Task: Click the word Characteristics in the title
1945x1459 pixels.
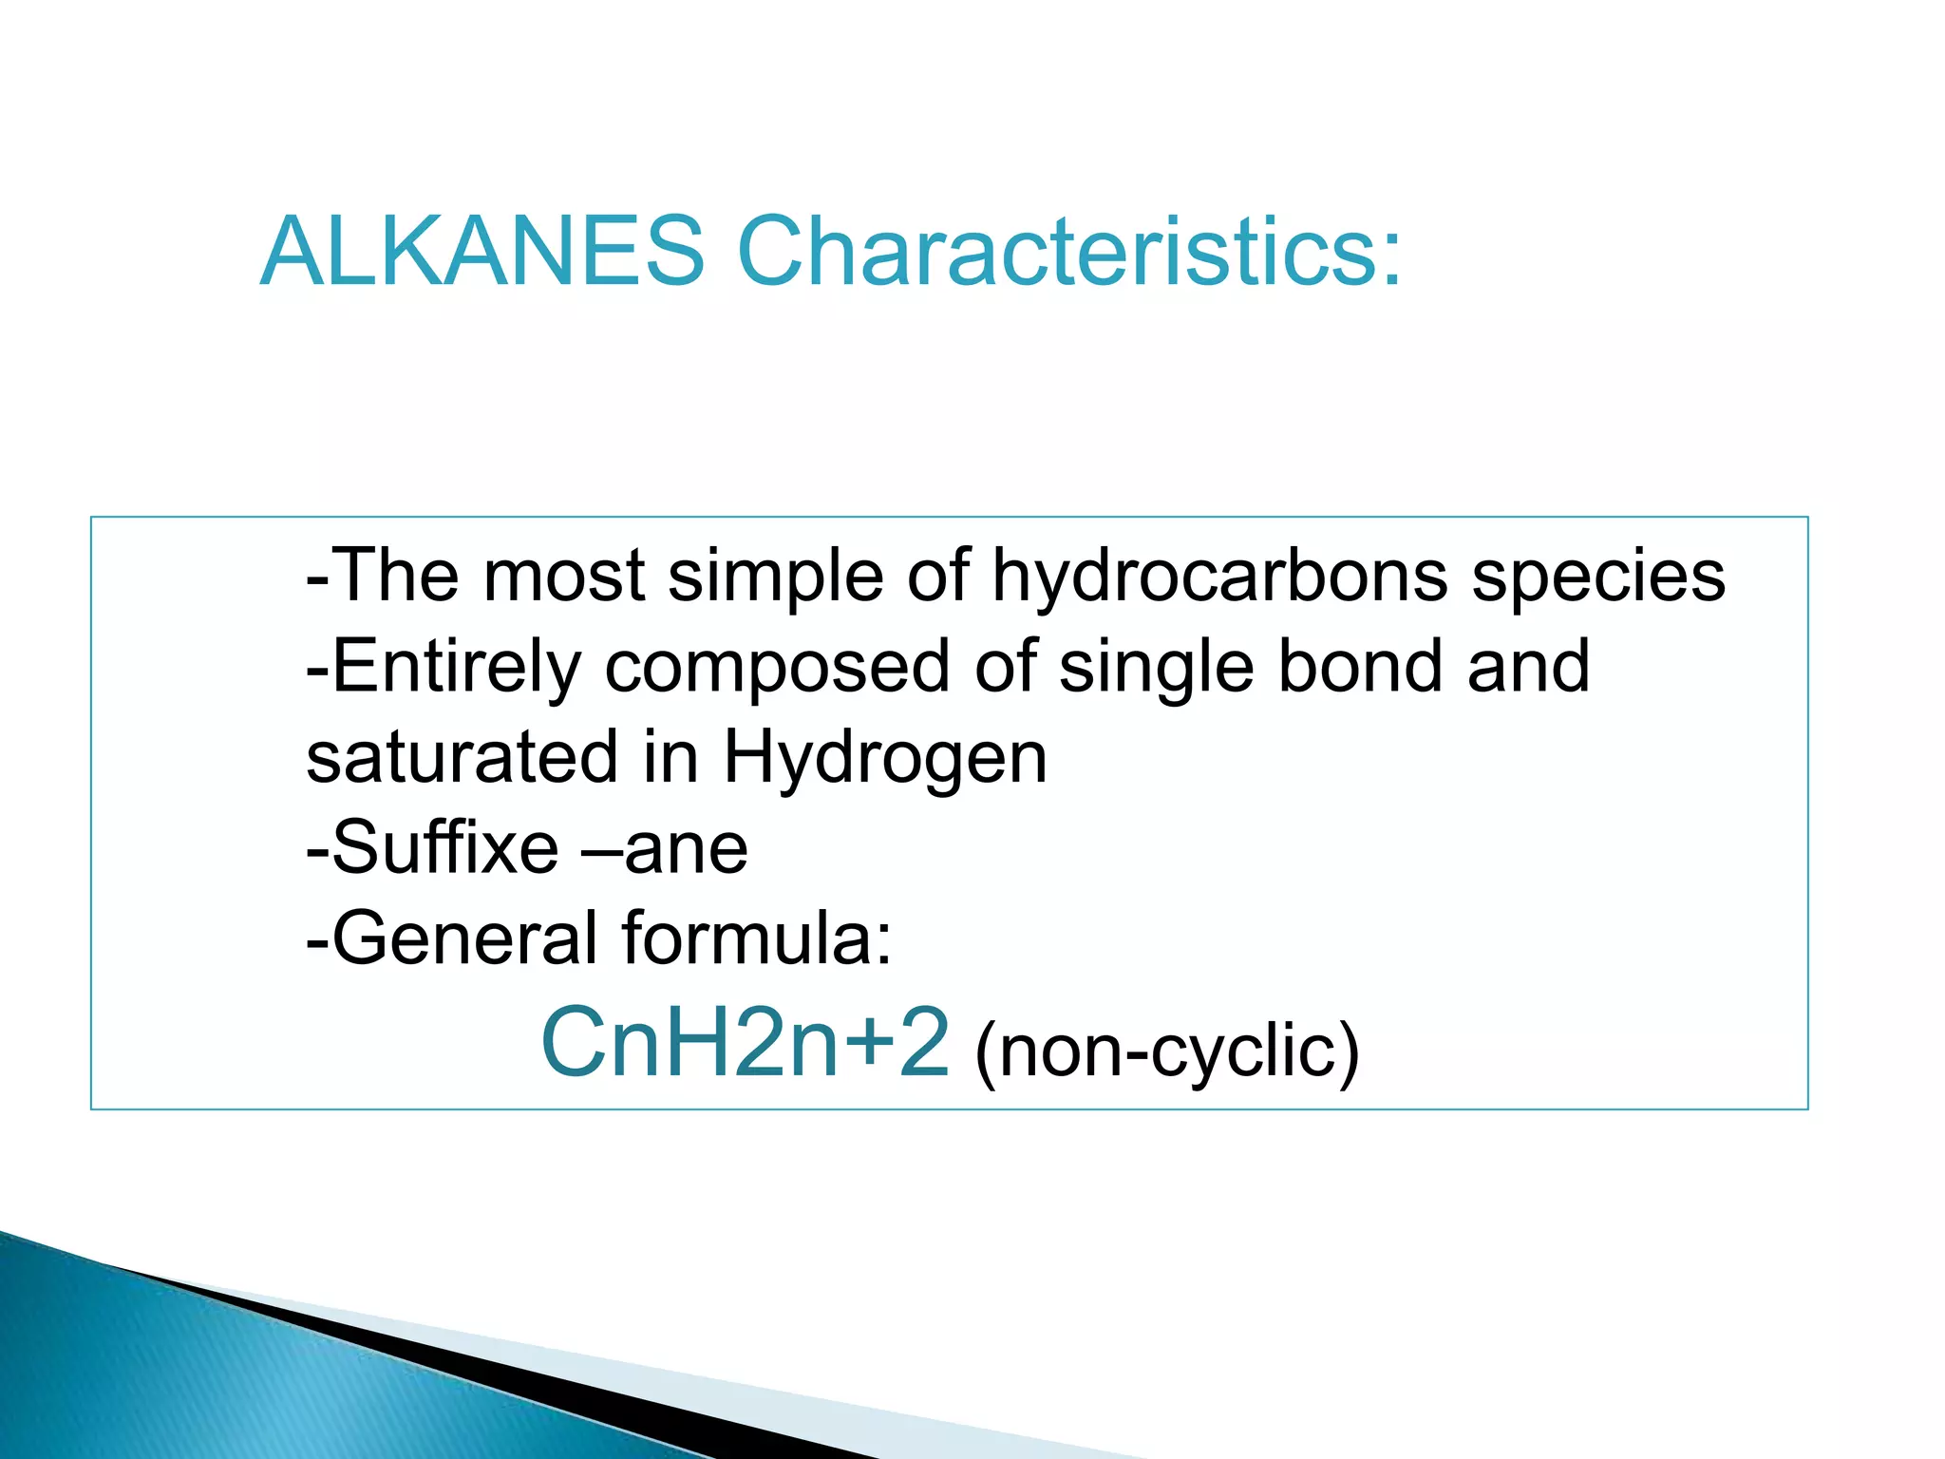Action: pyautogui.click(x=1068, y=251)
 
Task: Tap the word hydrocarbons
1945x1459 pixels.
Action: pyautogui.click(x=1219, y=578)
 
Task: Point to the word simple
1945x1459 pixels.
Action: pyautogui.click(x=775, y=578)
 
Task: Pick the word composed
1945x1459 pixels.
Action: pyautogui.click(x=776, y=668)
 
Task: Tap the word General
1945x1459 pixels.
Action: pyautogui.click(x=465, y=938)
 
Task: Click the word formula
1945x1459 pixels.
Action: pyautogui.click(x=757, y=938)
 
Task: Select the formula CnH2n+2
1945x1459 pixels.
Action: pyautogui.click(x=745, y=1043)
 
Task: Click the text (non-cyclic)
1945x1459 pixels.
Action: pyautogui.click(x=1167, y=1052)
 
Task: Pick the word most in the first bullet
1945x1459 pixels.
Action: pyautogui.click(x=564, y=578)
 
